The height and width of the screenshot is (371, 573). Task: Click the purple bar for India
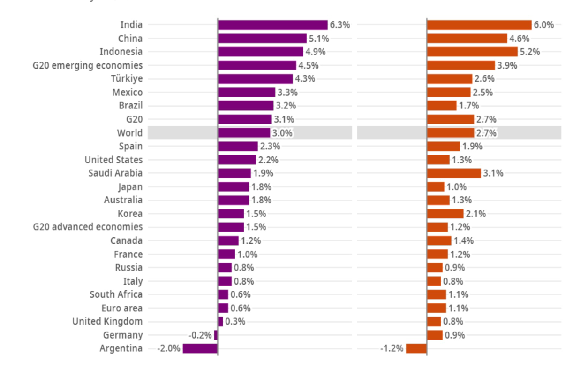(272, 25)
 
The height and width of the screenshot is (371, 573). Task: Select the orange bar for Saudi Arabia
(454, 173)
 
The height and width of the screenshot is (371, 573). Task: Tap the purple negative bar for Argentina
(200, 348)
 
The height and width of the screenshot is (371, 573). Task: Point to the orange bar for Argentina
(416, 348)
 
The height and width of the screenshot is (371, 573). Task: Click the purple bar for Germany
(216, 335)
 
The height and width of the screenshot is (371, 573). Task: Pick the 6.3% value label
(339, 25)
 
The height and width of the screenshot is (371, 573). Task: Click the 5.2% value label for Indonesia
(530, 52)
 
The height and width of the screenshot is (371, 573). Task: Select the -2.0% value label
(169, 349)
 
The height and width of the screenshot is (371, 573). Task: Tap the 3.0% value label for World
(282, 133)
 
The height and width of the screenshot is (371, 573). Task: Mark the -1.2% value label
(392, 349)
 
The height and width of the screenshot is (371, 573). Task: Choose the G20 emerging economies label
(88, 65)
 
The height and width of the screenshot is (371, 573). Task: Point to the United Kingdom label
(107, 322)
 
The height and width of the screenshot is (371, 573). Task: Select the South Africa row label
(116, 295)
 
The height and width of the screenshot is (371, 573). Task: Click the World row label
(130, 133)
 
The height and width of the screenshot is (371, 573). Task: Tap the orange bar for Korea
(445, 214)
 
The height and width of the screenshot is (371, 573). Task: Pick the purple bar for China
(262, 39)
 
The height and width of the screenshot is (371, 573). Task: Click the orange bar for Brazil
(442, 106)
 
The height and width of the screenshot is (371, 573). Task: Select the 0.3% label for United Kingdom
(235, 322)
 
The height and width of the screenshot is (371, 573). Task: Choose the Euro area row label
(122, 309)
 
